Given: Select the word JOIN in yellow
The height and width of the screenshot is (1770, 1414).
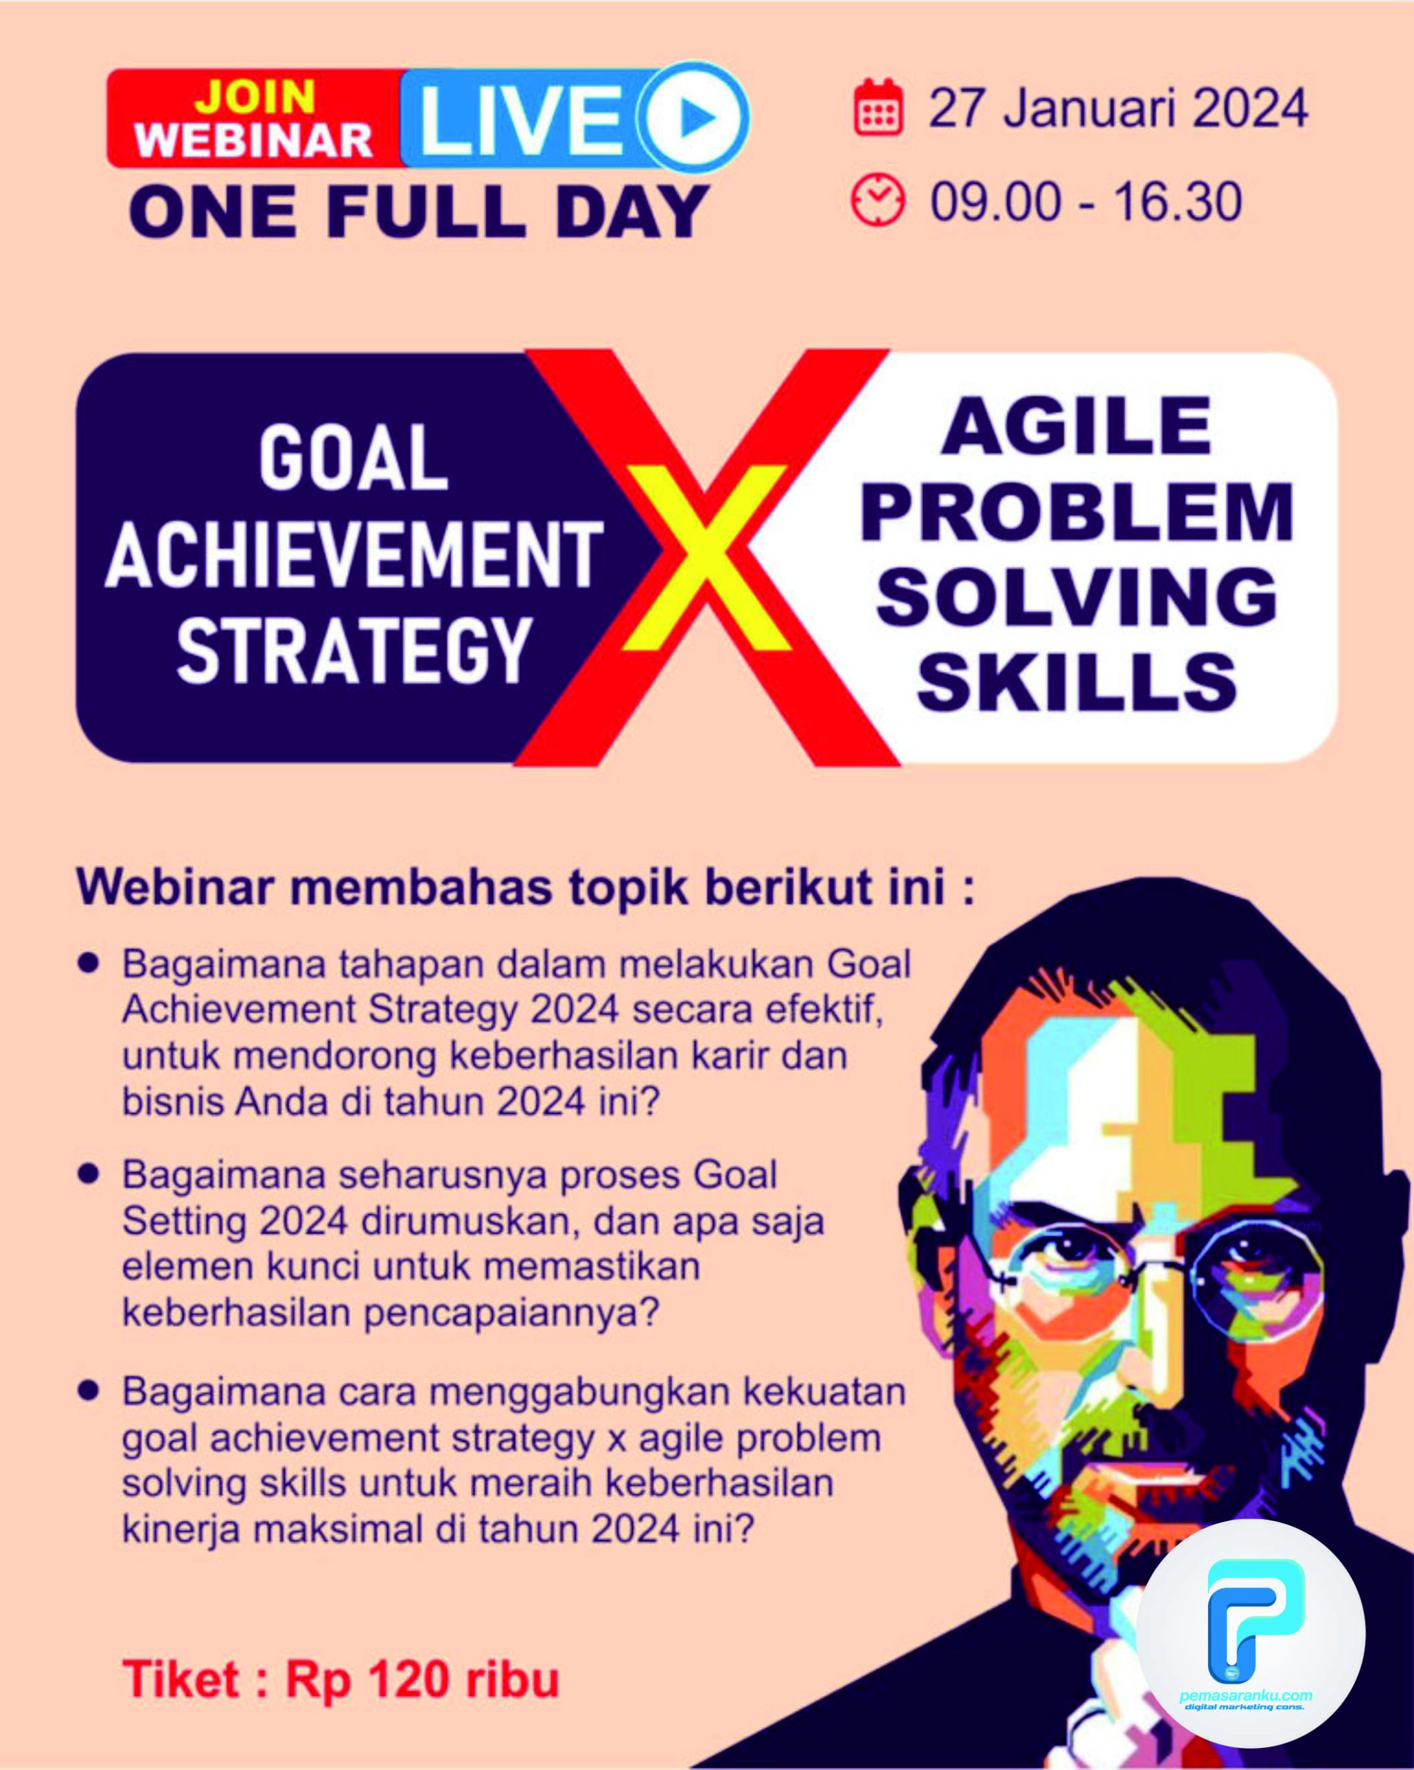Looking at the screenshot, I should click(x=254, y=97).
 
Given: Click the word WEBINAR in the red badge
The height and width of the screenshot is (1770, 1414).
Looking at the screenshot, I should click(x=254, y=140).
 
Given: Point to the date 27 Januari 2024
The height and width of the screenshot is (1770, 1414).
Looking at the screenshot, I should click(x=1117, y=109).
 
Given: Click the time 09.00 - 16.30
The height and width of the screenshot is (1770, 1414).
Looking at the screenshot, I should click(x=1085, y=202).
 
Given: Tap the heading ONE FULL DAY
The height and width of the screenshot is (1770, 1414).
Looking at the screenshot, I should click(x=419, y=212).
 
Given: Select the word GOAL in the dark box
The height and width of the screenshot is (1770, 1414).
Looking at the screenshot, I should click(x=353, y=459).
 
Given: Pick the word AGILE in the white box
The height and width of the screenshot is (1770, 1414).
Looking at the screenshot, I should click(x=1077, y=426).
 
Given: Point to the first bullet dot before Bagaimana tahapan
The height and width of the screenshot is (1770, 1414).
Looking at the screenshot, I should click(x=88, y=963).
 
